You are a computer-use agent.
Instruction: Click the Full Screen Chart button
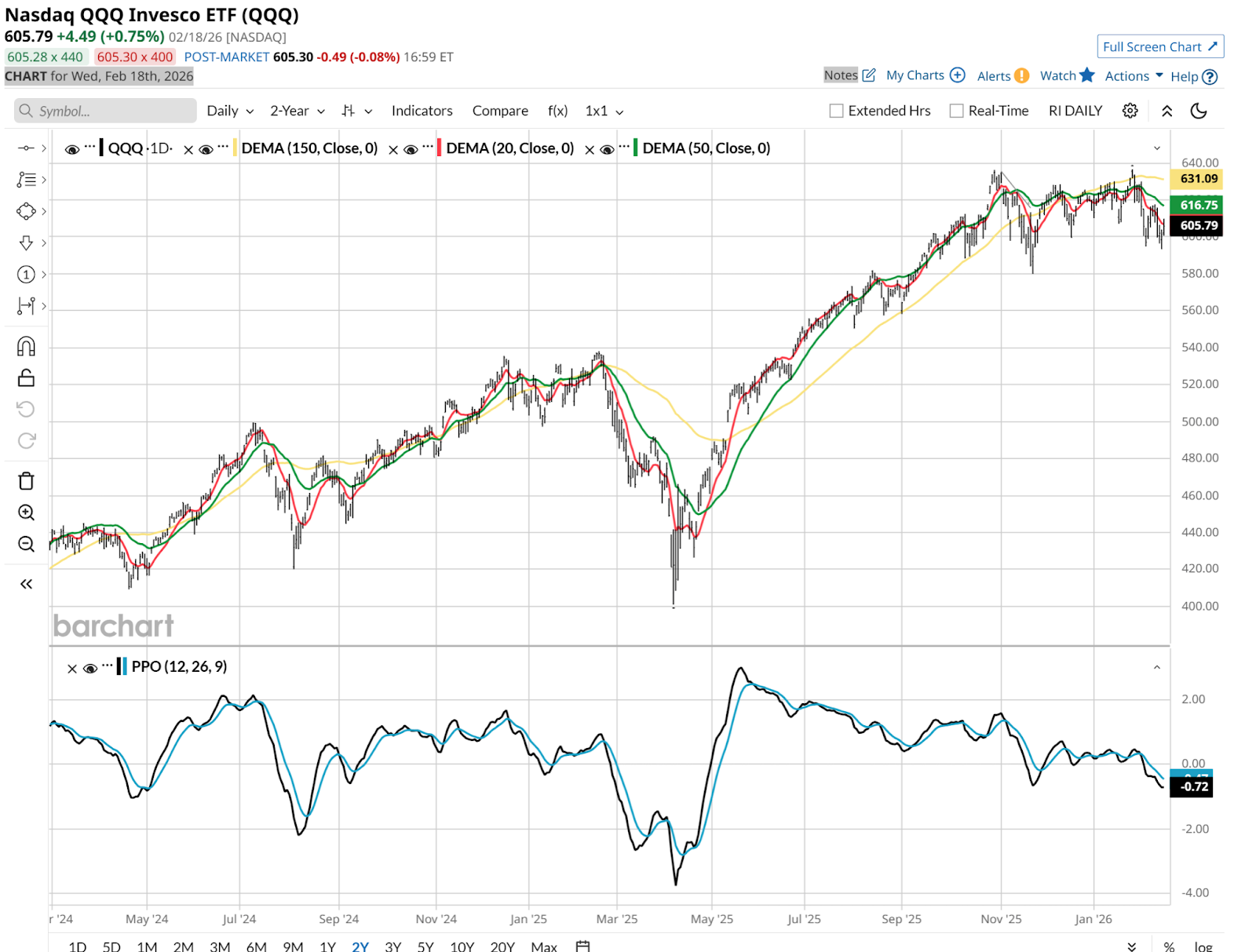(1159, 47)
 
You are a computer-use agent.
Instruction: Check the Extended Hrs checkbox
(837, 111)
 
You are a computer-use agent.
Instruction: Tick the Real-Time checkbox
(956, 111)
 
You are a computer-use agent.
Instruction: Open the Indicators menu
(422, 111)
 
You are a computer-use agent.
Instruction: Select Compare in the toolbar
(500, 111)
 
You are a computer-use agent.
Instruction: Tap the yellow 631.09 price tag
(1199, 179)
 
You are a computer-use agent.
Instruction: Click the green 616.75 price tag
(1199, 205)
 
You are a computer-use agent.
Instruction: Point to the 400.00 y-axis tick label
(1199, 606)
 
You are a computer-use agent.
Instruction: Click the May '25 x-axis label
(711, 919)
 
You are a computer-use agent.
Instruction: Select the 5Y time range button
(425, 947)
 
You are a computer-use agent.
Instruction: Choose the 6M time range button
(256, 947)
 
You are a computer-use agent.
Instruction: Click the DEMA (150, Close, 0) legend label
(309, 148)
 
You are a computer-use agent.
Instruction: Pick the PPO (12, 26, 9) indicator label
(179, 666)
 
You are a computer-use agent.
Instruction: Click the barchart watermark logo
(114, 626)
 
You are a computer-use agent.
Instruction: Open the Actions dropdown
(1134, 76)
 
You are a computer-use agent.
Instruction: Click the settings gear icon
(1130, 111)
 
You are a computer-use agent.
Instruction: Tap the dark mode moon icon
(1198, 111)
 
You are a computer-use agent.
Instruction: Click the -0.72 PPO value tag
(1194, 786)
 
